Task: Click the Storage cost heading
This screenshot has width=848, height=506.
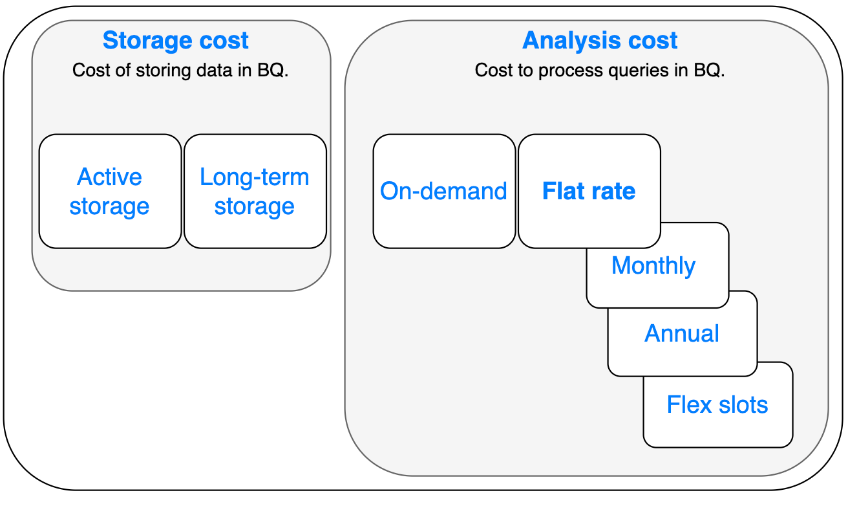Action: click(x=176, y=40)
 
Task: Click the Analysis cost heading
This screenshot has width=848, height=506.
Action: click(x=600, y=40)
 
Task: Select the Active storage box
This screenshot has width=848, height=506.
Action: click(x=110, y=191)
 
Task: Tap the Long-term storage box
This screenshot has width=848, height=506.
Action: click(x=255, y=191)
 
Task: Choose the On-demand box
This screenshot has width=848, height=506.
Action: click(x=444, y=191)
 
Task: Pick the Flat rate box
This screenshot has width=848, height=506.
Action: click(x=589, y=191)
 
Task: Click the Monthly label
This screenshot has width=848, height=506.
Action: click(x=653, y=265)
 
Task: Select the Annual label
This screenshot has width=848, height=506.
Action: click(x=681, y=333)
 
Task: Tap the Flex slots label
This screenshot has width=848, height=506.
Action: click(x=717, y=404)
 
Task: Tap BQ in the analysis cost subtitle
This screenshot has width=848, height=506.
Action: click(x=709, y=71)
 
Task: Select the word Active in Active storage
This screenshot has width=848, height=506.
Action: click(x=109, y=177)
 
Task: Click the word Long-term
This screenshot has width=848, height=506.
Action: click(x=255, y=177)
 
